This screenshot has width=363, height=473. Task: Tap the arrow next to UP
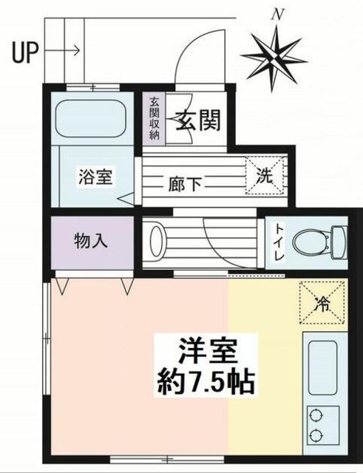click(x=63, y=51)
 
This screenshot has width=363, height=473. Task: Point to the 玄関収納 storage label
click(x=155, y=118)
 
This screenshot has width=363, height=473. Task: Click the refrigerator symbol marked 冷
click(x=322, y=303)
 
